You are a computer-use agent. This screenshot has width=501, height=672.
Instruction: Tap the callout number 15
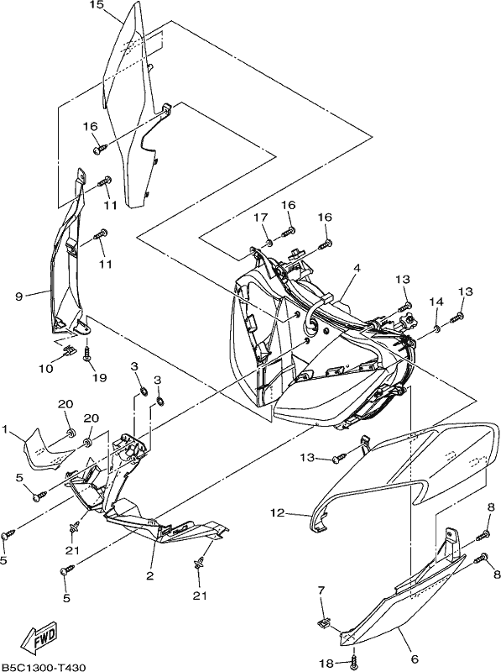pyautogui.click(x=97, y=5)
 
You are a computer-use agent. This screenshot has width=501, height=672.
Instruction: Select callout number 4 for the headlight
pyautogui.click(x=357, y=268)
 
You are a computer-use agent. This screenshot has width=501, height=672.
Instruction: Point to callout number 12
pyautogui.click(x=278, y=512)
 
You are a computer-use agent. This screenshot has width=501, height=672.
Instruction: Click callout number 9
pyautogui.click(x=18, y=297)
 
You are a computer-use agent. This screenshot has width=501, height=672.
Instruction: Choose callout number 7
pyautogui.click(x=321, y=591)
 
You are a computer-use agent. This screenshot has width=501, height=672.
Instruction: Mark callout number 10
pyautogui.click(x=46, y=369)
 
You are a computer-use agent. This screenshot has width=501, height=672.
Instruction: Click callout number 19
pyautogui.click(x=99, y=377)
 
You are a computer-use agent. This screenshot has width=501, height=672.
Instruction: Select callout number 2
pyautogui.click(x=149, y=575)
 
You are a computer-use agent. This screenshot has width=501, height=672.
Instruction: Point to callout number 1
pyautogui.click(x=5, y=428)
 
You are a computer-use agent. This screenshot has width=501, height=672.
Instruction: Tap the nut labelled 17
pyautogui.click(x=269, y=243)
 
